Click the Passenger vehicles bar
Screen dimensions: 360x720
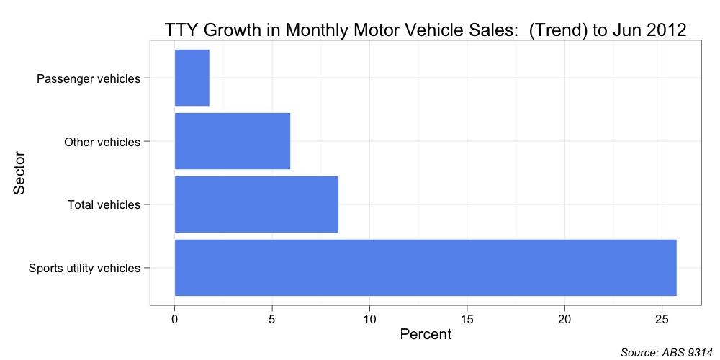(192, 78)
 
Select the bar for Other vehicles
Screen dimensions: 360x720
(232, 141)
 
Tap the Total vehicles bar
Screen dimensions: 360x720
(256, 204)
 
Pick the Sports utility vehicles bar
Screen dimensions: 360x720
(425, 268)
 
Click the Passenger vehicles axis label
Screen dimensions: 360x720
(88, 78)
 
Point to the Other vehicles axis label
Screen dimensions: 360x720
(102, 142)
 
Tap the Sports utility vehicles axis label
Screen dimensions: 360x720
(84, 269)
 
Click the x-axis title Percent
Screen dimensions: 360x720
(426, 335)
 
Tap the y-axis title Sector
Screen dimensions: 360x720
(19, 173)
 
